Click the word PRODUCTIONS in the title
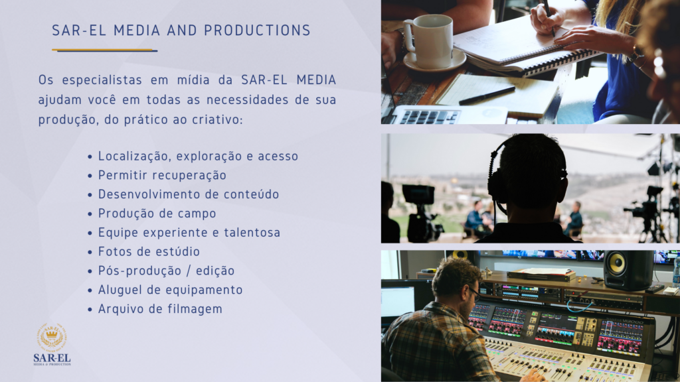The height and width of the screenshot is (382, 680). click(257, 31)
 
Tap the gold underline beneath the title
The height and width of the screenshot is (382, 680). click(104, 50)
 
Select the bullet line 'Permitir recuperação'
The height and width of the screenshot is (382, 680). click(162, 175)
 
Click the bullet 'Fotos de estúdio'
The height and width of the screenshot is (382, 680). click(149, 251)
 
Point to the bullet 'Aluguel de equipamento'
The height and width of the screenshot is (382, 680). click(170, 290)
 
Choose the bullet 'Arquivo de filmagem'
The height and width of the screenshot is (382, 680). click(160, 309)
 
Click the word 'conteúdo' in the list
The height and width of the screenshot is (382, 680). click(251, 194)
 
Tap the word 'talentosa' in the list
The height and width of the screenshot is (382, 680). click(252, 233)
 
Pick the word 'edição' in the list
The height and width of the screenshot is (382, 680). click(215, 271)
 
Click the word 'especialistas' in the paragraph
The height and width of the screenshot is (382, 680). click(102, 80)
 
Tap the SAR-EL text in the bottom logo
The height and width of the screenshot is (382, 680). click(52, 358)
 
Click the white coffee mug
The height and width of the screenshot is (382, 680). click(429, 42)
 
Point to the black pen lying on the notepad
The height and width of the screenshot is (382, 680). click(487, 95)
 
